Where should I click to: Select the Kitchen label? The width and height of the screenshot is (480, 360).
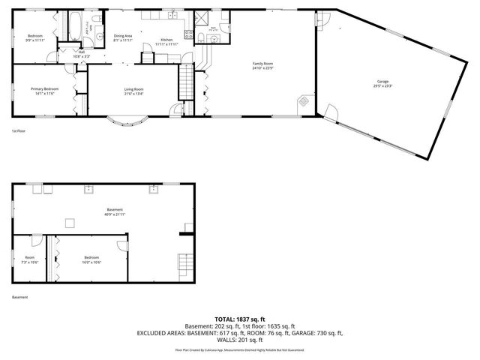click(166, 39)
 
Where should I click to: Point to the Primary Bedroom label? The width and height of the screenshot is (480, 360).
click(44, 88)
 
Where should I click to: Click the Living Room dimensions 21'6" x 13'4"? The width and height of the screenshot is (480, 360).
click(133, 94)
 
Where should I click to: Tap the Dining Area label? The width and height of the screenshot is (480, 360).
click(123, 35)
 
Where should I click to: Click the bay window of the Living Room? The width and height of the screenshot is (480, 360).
click(125, 119)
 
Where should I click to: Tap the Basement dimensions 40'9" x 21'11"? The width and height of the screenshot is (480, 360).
click(114, 214)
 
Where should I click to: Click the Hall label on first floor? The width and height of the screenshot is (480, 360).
click(81, 52)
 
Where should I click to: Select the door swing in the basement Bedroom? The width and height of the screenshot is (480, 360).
click(121, 246)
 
